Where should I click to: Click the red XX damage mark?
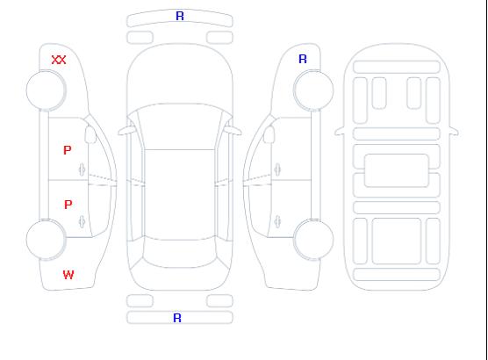59,60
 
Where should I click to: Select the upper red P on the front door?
68,150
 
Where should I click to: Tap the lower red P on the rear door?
68,205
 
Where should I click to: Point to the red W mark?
68,275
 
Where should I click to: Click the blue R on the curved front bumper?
180,16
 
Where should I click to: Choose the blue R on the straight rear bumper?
177,318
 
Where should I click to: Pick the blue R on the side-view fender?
303,59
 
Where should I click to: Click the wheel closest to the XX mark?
46,90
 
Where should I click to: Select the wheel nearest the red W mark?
46,240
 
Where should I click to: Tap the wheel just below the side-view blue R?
313,90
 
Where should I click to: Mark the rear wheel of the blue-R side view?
313,239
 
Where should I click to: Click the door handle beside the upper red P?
82,169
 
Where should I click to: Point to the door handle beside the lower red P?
82,221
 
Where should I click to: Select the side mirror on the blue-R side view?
269,134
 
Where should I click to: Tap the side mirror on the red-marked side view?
90,134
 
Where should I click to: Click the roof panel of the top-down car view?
180,195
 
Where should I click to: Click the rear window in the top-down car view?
180,253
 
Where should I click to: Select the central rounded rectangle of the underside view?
397,170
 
